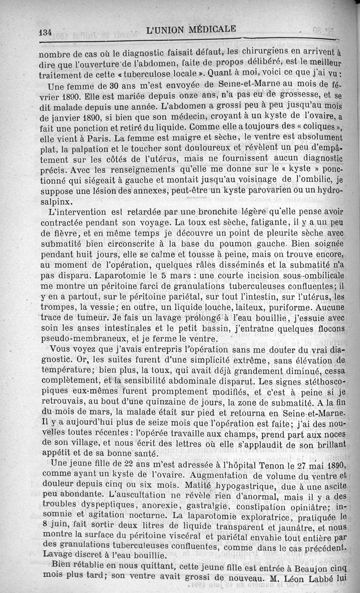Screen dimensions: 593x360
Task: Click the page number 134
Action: (46, 32)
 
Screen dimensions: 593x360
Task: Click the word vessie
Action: (100, 308)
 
